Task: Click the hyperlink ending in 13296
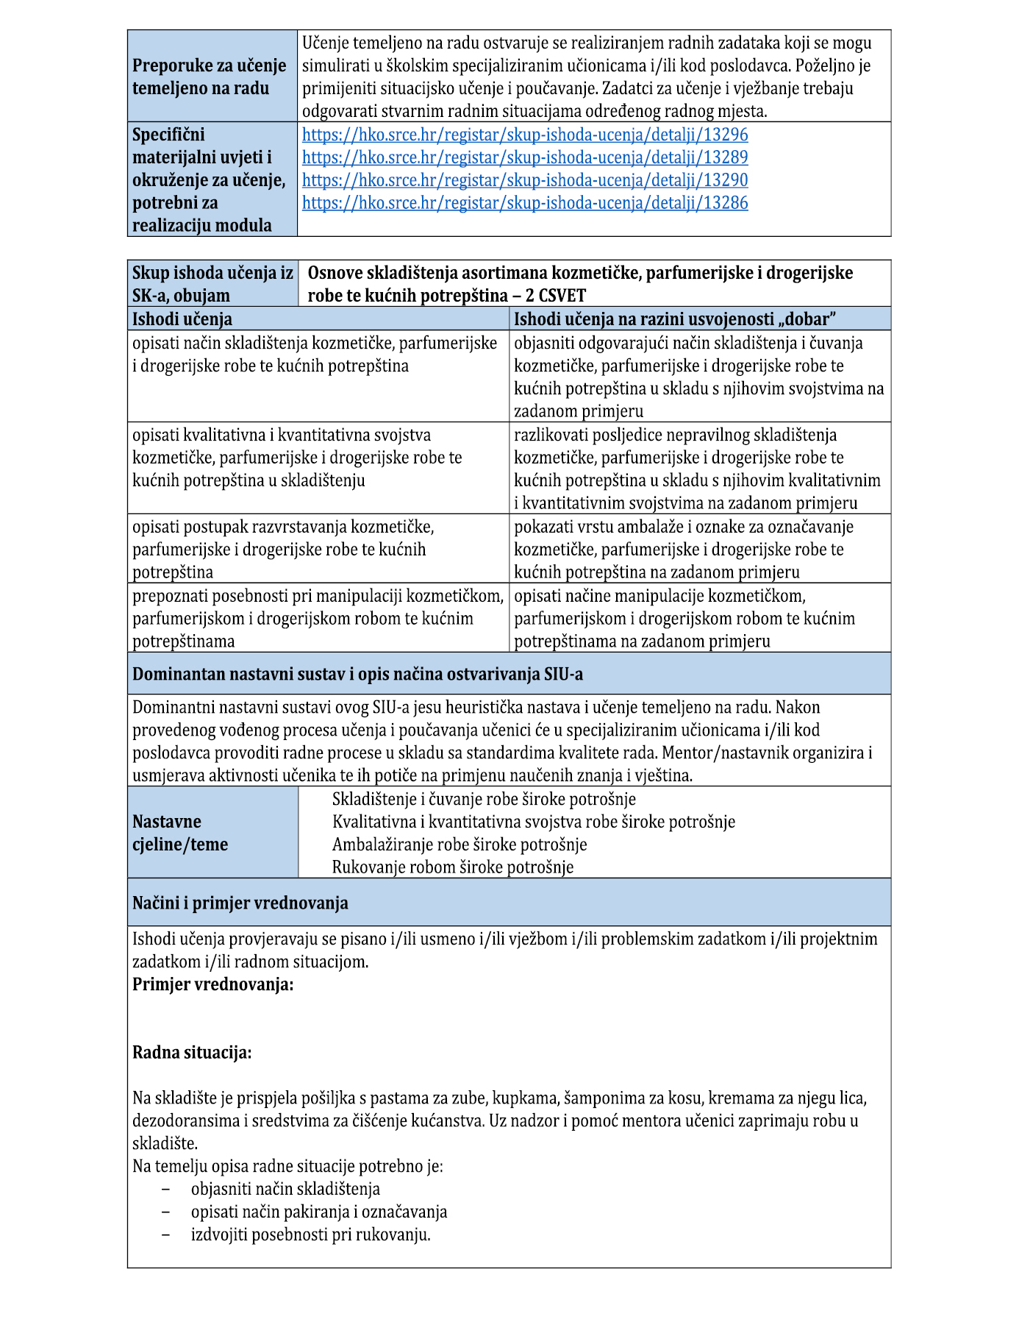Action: pyautogui.click(x=525, y=135)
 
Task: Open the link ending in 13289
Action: pyautogui.click(x=525, y=157)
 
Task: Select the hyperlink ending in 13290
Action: pyautogui.click(x=525, y=180)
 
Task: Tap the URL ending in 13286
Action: pyautogui.click(x=525, y=203)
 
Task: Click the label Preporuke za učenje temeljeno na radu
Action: pyautogui.click(x=210, y=77)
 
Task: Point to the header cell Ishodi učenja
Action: pyautogui.click(x=182, y=319)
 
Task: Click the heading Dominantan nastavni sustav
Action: pyautogui.click(x=357, y=674)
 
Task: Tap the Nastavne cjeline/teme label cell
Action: pyautogui.click(x=180, y=833)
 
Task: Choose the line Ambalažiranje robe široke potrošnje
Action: pyautogui.click(x=460, y=845)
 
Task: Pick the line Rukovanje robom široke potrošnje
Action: pyautogui.click(x=452, y=867)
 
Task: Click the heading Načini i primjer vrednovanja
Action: pyautogui.click(x=240, y=903)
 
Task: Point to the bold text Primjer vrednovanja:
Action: pyautogui.click(x=213, y=984)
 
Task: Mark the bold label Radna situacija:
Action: pyautogui.click(x=192, y=1053)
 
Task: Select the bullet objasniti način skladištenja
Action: pyautogui.click(x=285, y=1189)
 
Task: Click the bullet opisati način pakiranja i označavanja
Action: pyautogui.click(x=319, y=1212)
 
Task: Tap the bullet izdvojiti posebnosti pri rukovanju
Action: pyautogui.click(x=310, y=1234)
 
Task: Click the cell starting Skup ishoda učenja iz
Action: pyautogui.click(x=212, y=284)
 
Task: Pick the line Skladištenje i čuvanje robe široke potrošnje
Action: pyautogui.click(x=484, y=799)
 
